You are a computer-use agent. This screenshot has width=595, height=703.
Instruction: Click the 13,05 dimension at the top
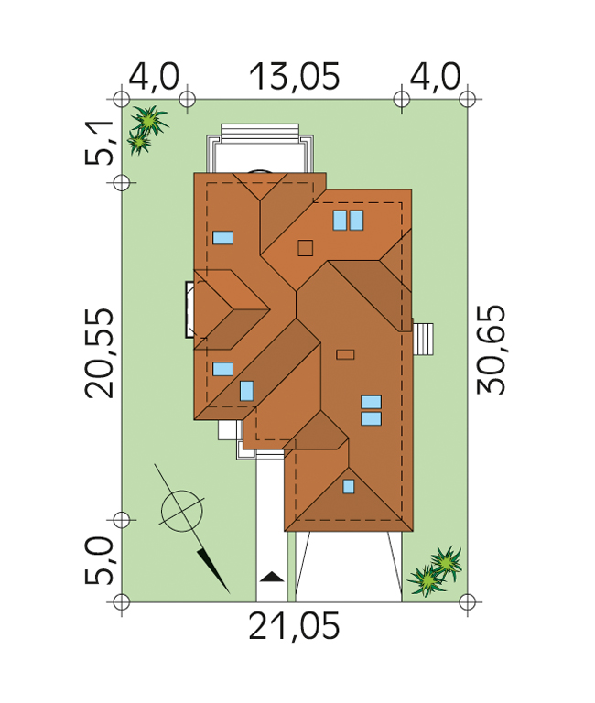[x=294, y=77]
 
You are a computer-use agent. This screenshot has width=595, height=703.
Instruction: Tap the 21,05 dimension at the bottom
[x=294, y=626]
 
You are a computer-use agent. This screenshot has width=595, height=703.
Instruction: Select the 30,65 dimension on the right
[x=492, y=350]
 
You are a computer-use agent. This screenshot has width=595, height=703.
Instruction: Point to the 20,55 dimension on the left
[x=99, y=353]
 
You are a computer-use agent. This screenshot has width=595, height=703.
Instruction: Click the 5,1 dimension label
[x=99, y=143]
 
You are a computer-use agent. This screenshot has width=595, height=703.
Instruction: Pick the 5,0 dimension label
[x=99, y=560]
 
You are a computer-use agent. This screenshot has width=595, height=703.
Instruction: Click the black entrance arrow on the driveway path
[x=272, y=577]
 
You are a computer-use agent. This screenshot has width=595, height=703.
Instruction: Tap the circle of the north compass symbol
[x=182, y=512]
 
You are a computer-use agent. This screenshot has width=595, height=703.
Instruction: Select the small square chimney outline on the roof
[x=306, y=248]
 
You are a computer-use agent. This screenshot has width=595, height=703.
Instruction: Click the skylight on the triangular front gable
[x=349, y=486]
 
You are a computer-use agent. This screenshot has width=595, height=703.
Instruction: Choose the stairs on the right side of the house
[x=423, y=340]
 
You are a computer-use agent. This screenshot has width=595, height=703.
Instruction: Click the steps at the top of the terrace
[x=260, y=133]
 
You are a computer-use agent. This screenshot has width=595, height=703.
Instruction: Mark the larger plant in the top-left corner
[x=151, y=120]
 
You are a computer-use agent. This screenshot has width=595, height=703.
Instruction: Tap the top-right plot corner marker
[x=468, y=99]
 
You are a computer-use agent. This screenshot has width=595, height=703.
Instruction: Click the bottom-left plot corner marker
[x=122, y=601]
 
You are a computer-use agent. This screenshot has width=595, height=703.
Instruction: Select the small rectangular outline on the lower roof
[x=345, y=354]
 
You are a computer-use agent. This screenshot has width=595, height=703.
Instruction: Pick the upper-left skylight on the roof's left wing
[x=222, y=238]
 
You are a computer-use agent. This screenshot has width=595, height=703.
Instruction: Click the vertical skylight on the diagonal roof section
[x=246, y=391]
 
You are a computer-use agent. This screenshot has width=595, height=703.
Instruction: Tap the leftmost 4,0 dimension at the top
[x=154, y=77]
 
